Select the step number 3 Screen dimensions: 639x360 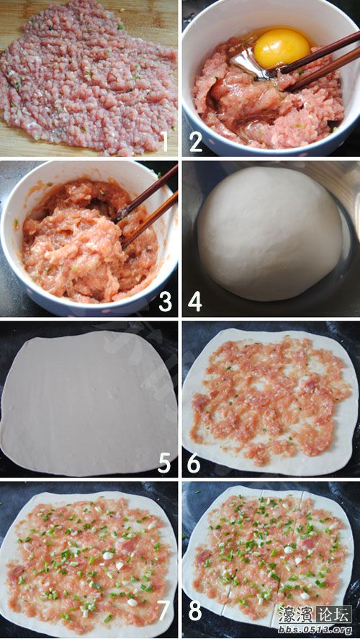[165, 301]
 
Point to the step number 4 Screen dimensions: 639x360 [195, 301]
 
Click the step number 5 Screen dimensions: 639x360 [165, 461]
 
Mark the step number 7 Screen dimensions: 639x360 [165, 611]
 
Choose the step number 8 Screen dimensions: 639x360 [195, 611]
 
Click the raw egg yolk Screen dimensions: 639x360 [282, 48]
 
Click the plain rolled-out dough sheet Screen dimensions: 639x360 [86, 400]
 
